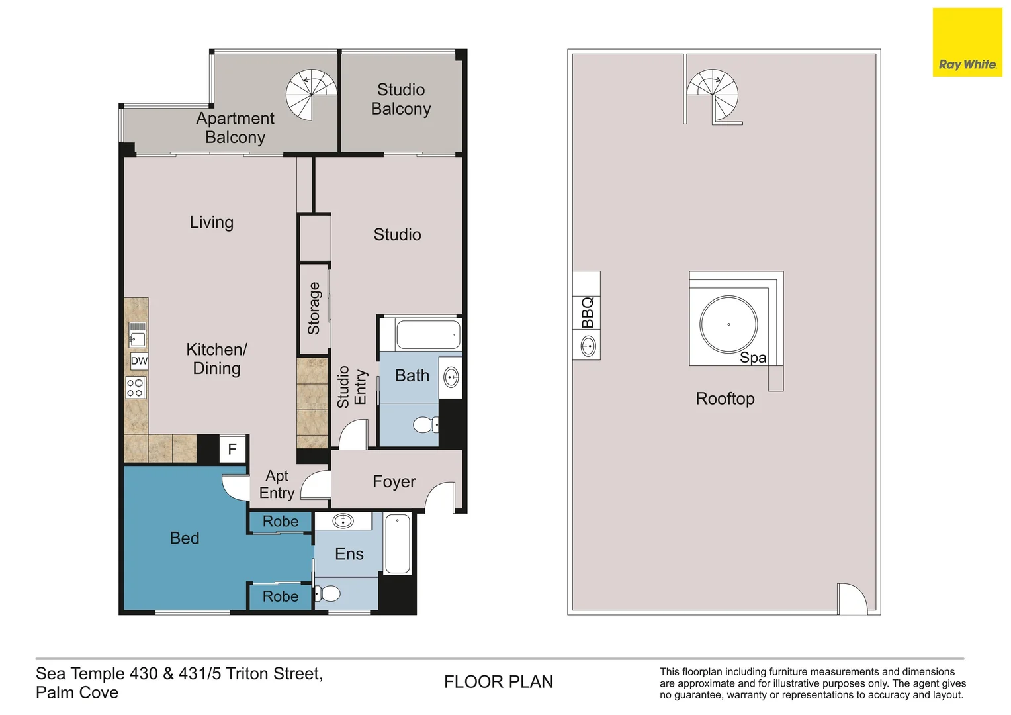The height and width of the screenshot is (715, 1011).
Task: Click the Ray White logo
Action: click(x=967, y=42)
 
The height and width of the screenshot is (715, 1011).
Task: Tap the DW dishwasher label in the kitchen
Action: click(x=139, y=361)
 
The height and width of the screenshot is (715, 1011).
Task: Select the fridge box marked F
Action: click(x=232, y=449)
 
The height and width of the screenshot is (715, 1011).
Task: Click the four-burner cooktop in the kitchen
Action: click(x=136, y=387)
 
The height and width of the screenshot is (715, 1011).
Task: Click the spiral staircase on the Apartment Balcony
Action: click(x=311, y=95)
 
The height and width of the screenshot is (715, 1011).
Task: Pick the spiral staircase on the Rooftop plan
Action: click(x=713, y=95)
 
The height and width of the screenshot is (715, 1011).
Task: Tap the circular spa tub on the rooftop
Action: click(x=728, y=324)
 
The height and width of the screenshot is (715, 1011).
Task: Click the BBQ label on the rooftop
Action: click(x=587, y=312)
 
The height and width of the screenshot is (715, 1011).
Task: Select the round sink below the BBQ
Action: click(x=588, y=346)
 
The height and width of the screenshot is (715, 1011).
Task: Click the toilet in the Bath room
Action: click(x=425, y=424)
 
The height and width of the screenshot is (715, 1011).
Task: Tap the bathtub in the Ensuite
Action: click(x=398, y=544)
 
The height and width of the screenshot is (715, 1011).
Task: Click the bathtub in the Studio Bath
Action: click(x=428, y=335)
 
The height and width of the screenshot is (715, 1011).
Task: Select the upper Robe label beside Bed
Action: click(x=281, y=522)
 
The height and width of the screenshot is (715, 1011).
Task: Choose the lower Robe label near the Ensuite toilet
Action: click(x=281, y=596)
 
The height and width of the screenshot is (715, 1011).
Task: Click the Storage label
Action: click(x=314, y=308)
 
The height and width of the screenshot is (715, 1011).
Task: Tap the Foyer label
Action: click(x=394, y=481)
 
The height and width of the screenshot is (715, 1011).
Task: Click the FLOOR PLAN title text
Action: click(x=498, y=681)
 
